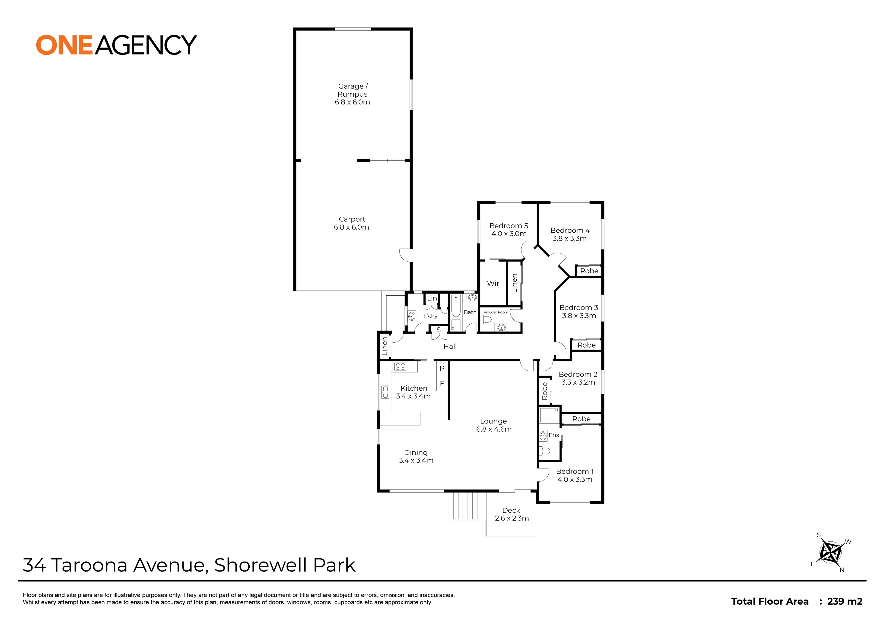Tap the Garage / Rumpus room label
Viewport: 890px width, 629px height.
[x=352, y=94]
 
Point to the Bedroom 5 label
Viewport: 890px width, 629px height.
[x=509, y=226]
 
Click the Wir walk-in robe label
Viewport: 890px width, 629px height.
[x=493, y=283]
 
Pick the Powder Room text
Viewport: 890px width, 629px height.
[x=496, y=312]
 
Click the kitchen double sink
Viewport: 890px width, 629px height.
[x=385, y=392]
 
